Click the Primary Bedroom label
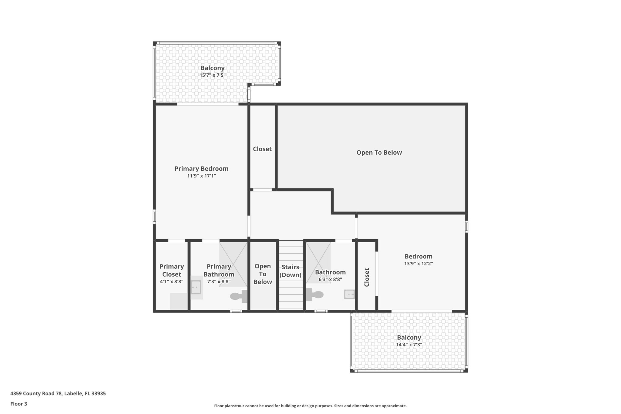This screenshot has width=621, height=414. pos(201,169)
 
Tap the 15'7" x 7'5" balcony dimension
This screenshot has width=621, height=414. pos(212,75)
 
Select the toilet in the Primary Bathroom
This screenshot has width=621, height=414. pos(238,296)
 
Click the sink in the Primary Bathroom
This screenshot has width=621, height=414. pos(196,287)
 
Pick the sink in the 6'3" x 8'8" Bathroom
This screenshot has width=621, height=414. pos(349,294)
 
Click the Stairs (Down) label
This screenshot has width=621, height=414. pos(290,271)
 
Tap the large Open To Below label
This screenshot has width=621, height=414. pos(379,153)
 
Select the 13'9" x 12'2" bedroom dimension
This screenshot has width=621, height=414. pos(418,264)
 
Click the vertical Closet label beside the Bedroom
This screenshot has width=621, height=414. pos(367,277)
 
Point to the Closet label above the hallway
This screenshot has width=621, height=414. pos(262,149)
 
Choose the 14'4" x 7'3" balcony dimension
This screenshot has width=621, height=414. pos(409,345)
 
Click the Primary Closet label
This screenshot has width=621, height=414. pos(172,270)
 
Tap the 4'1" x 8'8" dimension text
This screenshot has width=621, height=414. pos(172,281)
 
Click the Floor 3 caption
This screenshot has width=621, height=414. pos(19,404)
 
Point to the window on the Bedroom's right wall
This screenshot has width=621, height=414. pos(466,227)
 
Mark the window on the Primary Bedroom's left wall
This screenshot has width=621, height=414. pos(154,217)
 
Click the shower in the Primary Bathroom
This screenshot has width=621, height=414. pos(233,264)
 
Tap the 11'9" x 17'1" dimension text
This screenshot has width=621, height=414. pos(201,176)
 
